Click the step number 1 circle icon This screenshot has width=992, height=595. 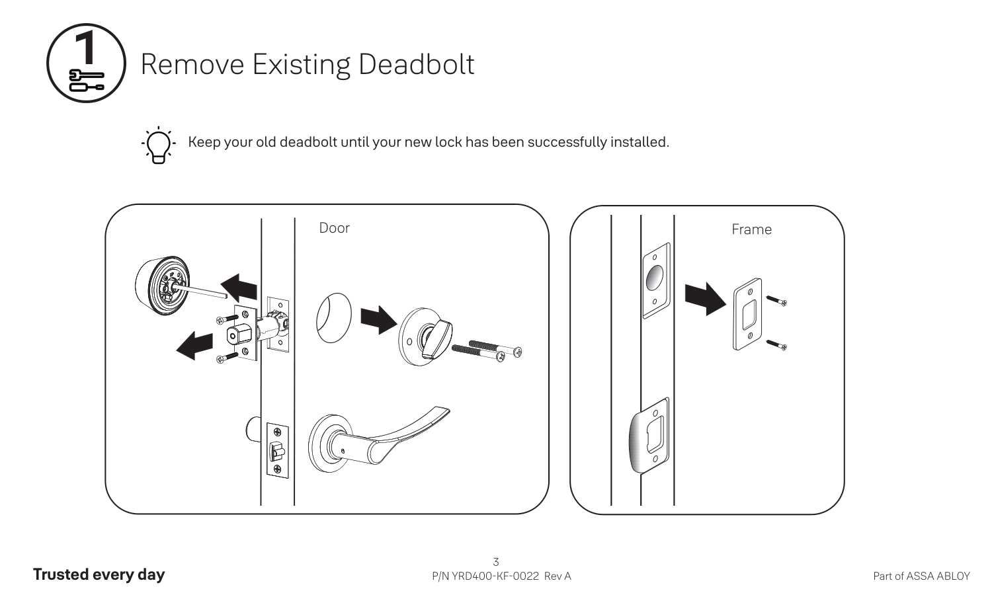coord(86,63)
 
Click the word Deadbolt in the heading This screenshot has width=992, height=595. coord(416,64)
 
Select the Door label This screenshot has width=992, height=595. coord(334,228)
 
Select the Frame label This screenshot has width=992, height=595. coord(751,229)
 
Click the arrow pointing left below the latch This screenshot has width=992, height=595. coord(195,345)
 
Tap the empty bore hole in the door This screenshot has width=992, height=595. coord(333,319)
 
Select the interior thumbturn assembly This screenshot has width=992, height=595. coord(423,336)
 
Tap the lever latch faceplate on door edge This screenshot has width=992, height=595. coord(277,450)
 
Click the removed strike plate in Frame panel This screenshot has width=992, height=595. coord(747,315)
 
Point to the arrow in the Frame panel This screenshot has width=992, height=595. coord(705,299)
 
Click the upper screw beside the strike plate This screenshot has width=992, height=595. coord(776,301)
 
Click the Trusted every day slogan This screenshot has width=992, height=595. coord(99,575)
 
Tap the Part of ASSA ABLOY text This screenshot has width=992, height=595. coord(921,576)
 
